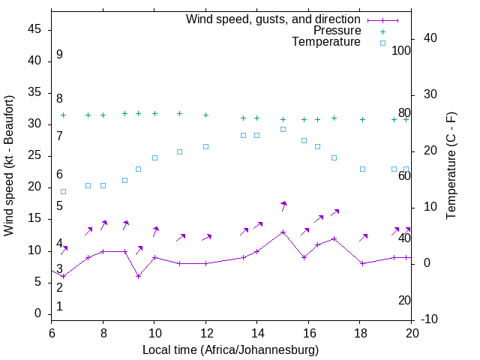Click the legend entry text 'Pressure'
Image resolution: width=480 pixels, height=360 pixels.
click(x=337, y=31)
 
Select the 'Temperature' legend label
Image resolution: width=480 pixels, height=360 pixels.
click(x=326, y=43)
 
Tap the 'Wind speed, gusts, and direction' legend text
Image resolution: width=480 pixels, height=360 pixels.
click(x=274, y=19)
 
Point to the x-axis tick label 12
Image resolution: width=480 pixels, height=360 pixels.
click(x=205, y=332)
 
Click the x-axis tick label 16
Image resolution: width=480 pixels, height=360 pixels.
click(x=308, y=332)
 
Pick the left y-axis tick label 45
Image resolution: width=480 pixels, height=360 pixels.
click(x=34, y=29)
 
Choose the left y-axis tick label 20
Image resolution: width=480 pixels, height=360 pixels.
click(x=34, y=187)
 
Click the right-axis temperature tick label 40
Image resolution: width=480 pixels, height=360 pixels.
click(x=420, y=38)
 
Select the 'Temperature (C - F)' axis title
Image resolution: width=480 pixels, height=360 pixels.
click(x=451, y=165)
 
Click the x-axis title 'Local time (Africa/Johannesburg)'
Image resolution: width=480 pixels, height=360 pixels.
click(x=230, y=350)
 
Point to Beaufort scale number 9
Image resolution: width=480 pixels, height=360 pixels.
click(x=59, y=55)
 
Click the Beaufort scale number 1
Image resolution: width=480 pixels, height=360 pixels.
click(x=59, y=307)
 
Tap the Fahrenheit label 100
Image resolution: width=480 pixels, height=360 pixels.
click(x=401, y=50)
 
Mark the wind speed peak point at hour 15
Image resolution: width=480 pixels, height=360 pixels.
click(x=283, y=232)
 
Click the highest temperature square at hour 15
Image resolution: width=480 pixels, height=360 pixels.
click(x=283, y=129)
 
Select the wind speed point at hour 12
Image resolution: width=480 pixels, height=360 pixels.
click(x=205, y=263)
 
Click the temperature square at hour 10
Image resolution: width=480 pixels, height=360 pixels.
click(x=154, y=157)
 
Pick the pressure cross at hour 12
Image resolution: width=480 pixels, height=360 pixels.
click(x=205, y=115)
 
